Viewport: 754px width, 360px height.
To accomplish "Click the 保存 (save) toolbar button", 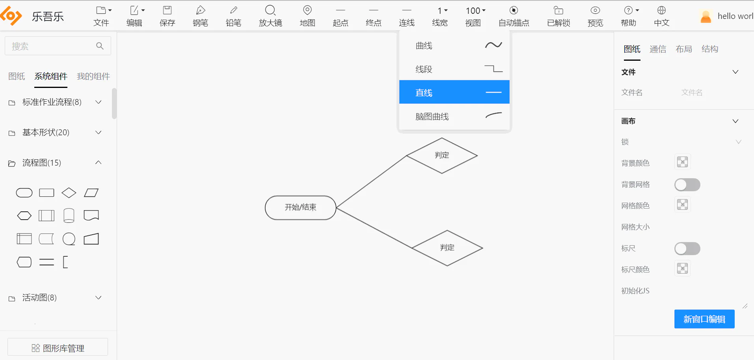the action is tap(167, 16).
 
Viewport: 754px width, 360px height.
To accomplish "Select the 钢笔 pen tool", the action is tap(200, 16).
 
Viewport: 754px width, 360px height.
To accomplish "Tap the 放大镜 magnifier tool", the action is tap(270, 16).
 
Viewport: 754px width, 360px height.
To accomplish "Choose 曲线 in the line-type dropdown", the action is tap(454, 46).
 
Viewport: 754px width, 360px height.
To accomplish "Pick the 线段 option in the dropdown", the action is tap(454, 69).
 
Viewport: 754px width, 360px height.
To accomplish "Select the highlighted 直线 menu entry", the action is tap(454, 92).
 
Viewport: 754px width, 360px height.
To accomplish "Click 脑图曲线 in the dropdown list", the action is tap(454, 116).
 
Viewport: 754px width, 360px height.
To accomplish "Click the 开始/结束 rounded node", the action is tap(300, 207).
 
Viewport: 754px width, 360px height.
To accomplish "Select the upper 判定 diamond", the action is tap(442, 155).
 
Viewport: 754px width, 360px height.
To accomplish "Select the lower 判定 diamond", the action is tap(447, 248).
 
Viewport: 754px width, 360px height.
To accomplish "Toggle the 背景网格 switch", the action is tap(687, 185).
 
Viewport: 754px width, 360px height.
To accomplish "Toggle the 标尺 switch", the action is tap(687, 248).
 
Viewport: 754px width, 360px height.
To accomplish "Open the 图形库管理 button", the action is tap(58, 348).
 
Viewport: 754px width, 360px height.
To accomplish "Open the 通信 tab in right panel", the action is tap(658, 49).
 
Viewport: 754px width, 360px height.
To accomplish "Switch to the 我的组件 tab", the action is tap(93, 76).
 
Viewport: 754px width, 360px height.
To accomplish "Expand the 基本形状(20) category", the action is tap(55, 132).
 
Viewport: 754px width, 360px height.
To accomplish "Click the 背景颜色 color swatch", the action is tap(682, 162).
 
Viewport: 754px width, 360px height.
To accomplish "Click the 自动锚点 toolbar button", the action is tap(514, 16).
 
